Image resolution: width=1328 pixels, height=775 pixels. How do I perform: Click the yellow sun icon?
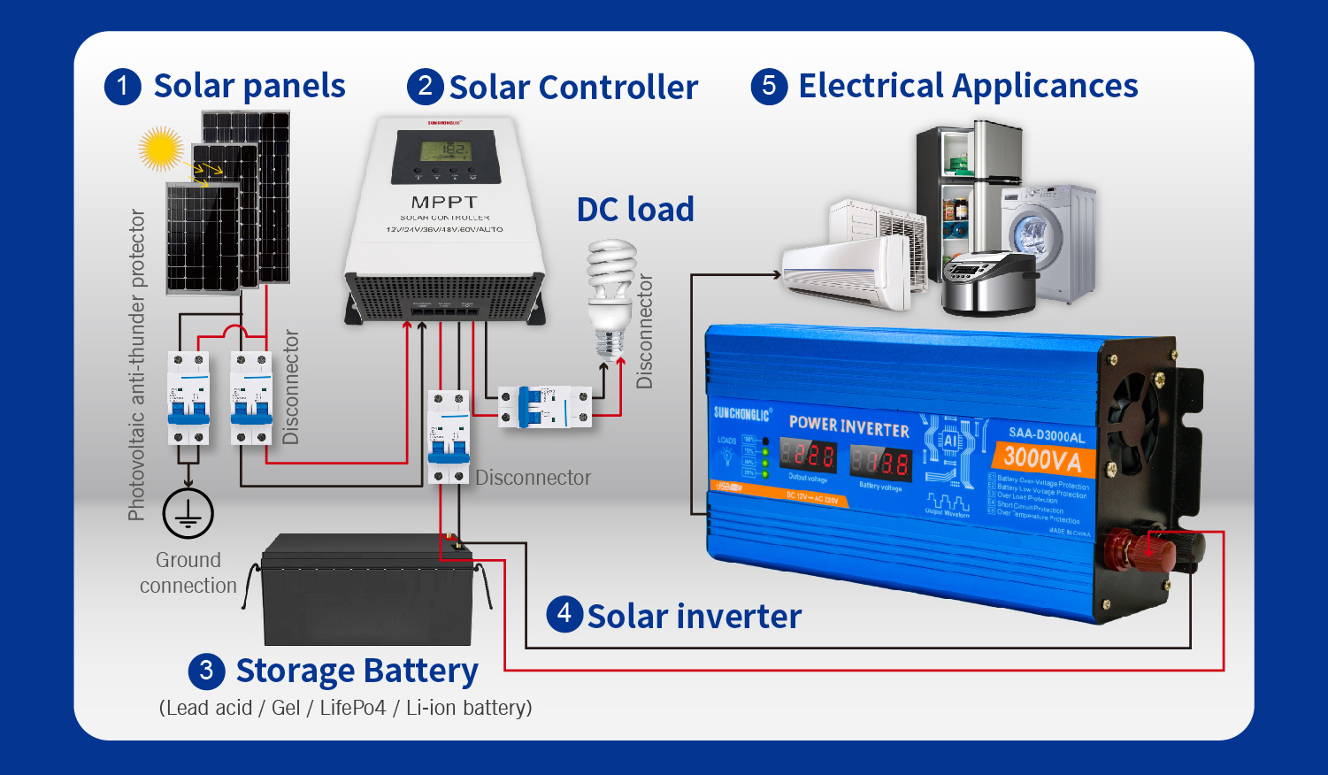tap(161, 148)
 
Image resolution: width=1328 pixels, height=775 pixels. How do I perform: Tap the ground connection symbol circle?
tap(188, 513)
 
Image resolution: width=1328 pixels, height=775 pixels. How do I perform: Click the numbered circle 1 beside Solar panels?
tap(122, 87)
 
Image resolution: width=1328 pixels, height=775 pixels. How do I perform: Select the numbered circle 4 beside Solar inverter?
tap(564, 614)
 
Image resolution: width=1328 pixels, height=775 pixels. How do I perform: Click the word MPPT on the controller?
tap(444, 203)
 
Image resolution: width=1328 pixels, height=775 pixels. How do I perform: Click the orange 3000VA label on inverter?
tap(1042, 458)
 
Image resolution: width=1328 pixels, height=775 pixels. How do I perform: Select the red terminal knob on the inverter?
tap(1147, 550)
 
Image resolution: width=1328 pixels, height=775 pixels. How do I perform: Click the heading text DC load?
tap(635, 210)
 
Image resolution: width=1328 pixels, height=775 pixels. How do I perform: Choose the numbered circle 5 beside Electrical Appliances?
tap(769, 86)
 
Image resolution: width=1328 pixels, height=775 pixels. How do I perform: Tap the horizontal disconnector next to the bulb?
tap(544, 407)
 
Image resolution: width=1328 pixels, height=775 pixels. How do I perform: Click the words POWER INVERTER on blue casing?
tap(848, 426)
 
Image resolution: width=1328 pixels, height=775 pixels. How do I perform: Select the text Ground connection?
tap(188, 572)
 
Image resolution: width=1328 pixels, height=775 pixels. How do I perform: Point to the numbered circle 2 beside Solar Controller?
tap(426, 86)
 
